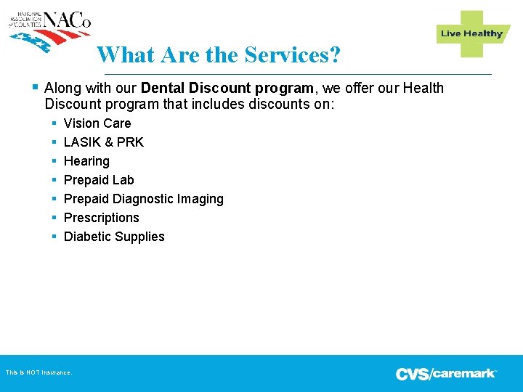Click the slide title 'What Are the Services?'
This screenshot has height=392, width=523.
[218, 54]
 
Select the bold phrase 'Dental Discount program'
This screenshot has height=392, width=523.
[227, 89]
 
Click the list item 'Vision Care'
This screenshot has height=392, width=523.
[97, 123]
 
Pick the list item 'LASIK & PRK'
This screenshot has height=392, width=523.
[104, 142]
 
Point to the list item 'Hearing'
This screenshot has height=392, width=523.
[86, 161]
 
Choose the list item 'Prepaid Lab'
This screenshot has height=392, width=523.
[99, 180]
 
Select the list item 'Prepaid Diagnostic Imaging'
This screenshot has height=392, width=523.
[144, 199]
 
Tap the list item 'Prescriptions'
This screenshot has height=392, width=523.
[101, 218]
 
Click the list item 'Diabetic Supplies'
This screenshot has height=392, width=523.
[114, 237]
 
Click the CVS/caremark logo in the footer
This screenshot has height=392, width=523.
[446, 374]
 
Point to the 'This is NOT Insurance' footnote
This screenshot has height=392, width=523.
[38, 372]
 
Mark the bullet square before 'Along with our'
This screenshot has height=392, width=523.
[36, 88]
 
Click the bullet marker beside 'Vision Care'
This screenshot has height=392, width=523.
[54, 123]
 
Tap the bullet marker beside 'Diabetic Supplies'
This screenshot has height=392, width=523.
[54, 237]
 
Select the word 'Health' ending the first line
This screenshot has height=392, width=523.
[423, 89]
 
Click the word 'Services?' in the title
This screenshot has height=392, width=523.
[292, 54]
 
